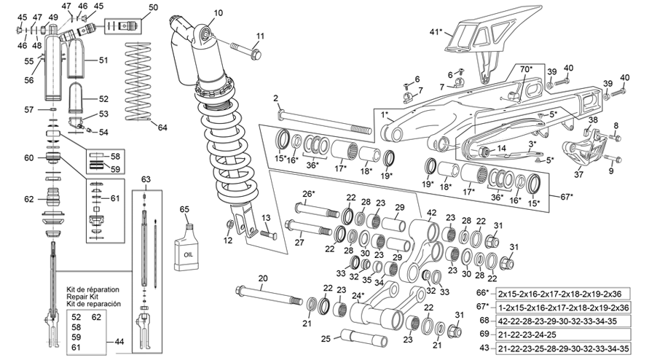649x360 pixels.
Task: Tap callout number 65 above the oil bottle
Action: click(185, 209)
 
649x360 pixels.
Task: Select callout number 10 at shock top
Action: click(219, 12)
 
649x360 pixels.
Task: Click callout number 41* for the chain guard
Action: click(436, 32)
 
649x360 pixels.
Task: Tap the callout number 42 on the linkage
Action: click(431, 213)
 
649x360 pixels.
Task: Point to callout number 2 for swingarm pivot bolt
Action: click(276, 98)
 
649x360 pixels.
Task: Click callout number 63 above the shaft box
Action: click(146, 179)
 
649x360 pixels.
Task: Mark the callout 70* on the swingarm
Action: click(526, 69)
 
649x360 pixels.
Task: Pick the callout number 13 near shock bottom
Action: click(265, 219)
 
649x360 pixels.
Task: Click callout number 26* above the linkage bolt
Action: click(308, 193)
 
